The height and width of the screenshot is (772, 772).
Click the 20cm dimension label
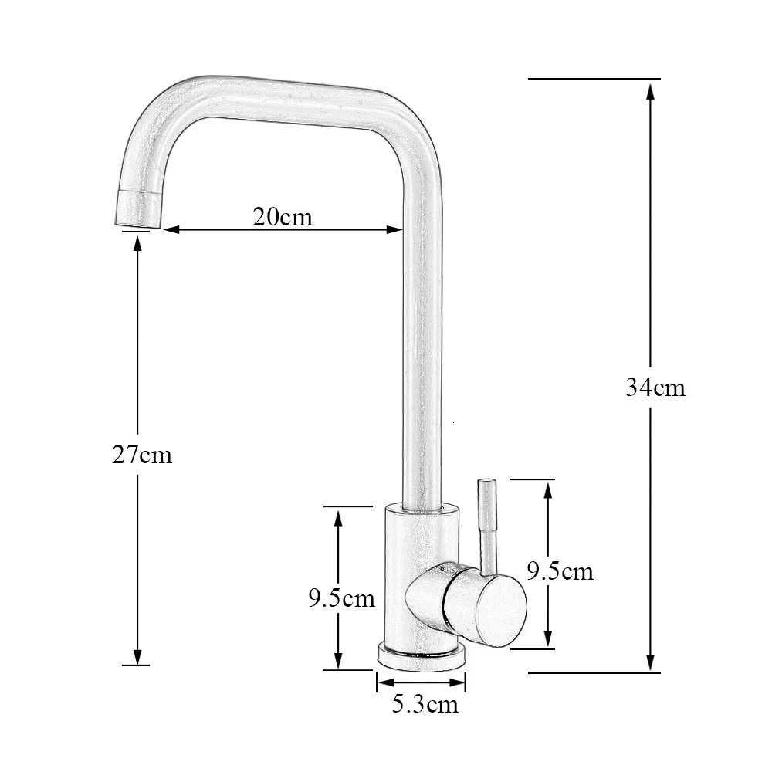pyautogui.click(x=283, y=217)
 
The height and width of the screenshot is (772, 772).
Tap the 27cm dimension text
pyautogui.click(x=142, y=455)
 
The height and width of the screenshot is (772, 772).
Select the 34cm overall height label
pyautogui.click(x=655, y=387)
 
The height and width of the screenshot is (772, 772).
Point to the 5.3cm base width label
pyautogui.click(x=425, y=704)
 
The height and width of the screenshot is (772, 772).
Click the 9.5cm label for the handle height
pyautogui.click(x=560, y=571)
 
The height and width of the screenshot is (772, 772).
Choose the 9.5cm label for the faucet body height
pyautogui.click(x=341, y=598)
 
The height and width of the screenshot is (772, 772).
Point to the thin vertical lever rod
pyautogui.click(x=488, y=525)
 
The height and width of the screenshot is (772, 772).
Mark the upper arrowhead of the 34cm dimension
pyautogui.click(x=650, y=90)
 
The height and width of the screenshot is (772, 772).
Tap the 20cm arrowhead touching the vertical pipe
pyautogui.click(x=394, y=229)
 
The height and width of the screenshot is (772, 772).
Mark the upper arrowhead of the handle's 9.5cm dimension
pyautogui.click(x=548, y=489)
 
